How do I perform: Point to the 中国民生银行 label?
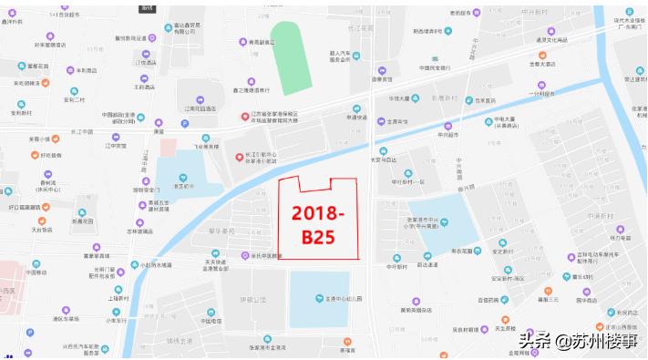point(435,67)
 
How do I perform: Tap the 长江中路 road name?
point(83,131)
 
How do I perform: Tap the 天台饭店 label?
point(42,230)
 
